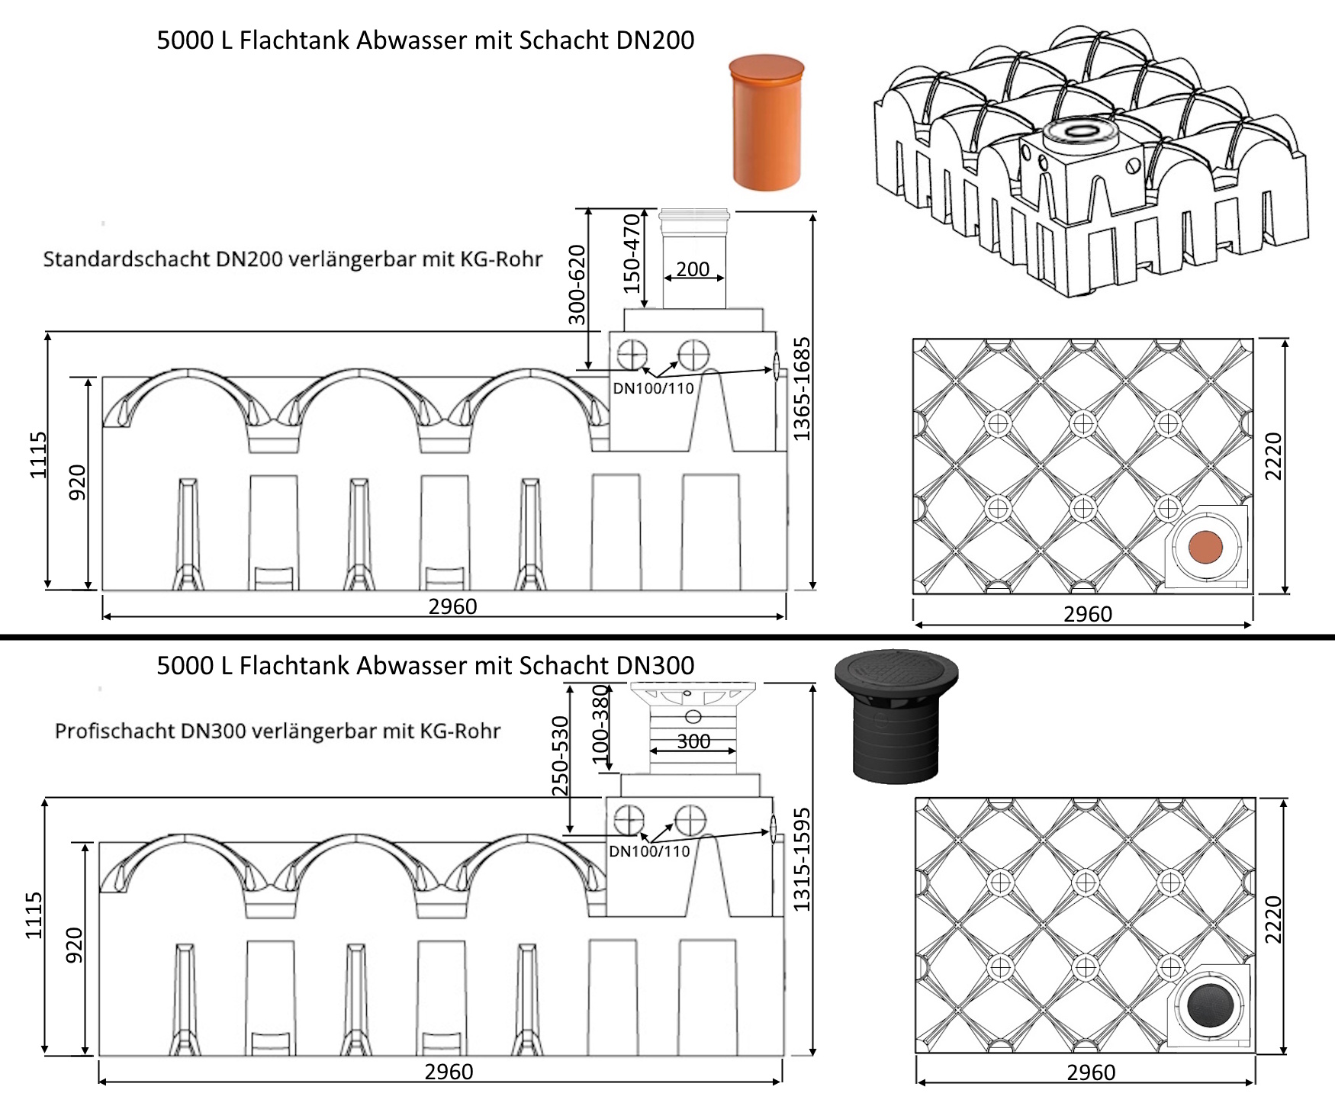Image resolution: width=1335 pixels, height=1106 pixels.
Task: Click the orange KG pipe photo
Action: click(766, 122)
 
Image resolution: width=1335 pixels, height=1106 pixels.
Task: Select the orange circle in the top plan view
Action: click(1205, 547)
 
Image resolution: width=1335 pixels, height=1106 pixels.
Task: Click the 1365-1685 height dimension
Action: click(801, 389)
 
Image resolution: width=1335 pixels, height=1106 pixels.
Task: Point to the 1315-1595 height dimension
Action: click(801, 860)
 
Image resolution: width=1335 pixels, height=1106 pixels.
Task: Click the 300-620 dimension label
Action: click(577, 285)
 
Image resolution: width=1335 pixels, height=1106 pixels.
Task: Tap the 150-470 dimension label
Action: click(632, 254)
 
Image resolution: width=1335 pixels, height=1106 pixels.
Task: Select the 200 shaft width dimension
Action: click(693, 269)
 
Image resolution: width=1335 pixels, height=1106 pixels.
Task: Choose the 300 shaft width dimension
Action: click(693, 741)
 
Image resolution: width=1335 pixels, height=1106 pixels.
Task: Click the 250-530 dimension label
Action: click(561, 756)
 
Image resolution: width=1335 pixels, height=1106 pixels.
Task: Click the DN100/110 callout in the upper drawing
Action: click(653, 388)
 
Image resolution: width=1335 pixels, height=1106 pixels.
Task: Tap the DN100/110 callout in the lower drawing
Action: click(649, 851)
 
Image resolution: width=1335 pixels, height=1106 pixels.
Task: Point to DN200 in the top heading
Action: click(655, 40)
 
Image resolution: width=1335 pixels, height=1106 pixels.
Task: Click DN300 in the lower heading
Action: click(655, 666)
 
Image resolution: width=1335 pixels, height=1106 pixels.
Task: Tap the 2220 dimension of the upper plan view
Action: click(1274, 456)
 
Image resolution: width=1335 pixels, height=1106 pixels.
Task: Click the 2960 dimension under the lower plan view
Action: click(1091, 1072)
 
